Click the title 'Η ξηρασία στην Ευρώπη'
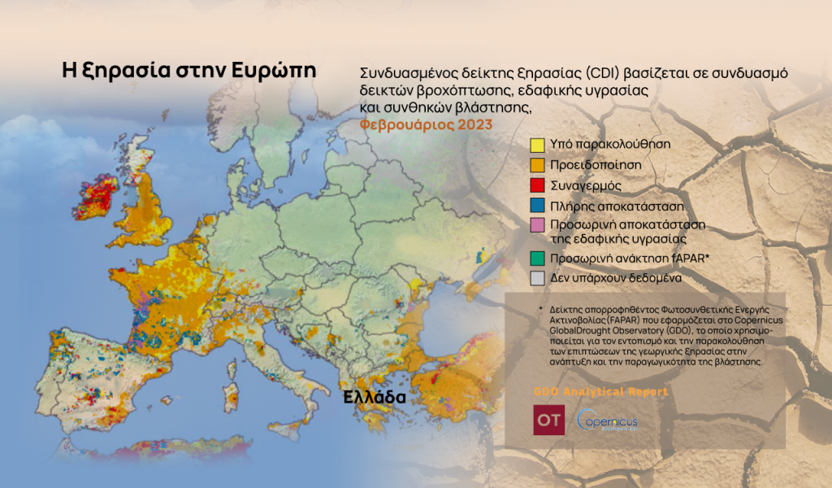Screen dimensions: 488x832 click(x=188, y=69)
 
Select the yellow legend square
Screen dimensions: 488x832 click(x=537, y=145)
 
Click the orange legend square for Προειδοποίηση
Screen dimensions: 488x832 click(x=537, y=165)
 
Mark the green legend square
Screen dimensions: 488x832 click(x=537, y=258)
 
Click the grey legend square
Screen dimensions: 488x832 click(x=537, y=278)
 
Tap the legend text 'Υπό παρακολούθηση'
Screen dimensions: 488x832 click(x=610, y=144)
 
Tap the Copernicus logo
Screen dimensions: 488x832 click(x=607, y=421)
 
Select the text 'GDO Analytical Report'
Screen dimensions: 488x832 click(x=600, y=392)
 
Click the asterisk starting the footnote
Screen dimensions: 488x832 click(x=539, y=311)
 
